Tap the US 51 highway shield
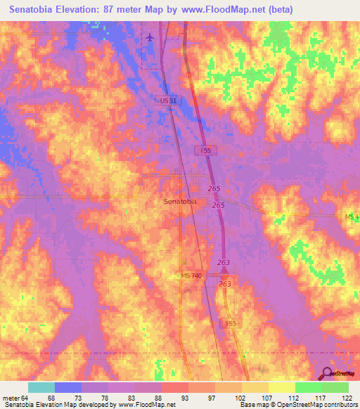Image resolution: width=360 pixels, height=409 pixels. coord(168,101)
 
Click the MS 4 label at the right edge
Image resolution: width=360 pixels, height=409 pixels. coord(352,216)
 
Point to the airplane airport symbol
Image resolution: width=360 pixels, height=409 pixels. coord(150,37)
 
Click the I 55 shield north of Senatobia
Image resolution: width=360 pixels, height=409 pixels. coord(203,150)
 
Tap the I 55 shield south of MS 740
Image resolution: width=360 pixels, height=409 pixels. coord(227,323)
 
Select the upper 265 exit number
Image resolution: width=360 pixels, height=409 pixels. coord(214,189)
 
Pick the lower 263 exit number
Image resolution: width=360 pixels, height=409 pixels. coord(225,283)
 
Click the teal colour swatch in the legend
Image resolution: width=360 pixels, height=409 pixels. coord(41,387)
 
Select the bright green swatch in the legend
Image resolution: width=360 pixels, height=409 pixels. coord(308,387)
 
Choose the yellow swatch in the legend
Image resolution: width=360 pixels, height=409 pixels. coord(281,387)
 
